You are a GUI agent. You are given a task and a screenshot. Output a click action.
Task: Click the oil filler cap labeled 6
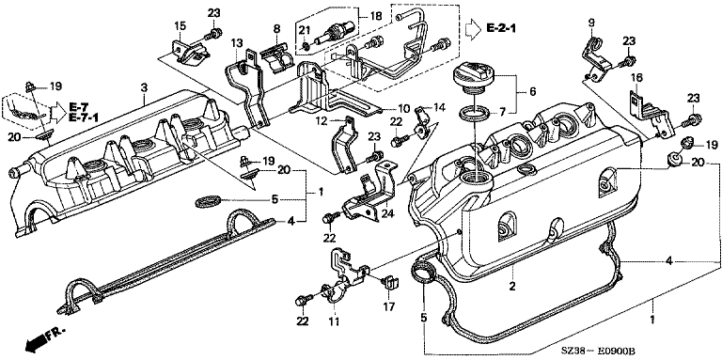pyautogui.click(x=474, y=79)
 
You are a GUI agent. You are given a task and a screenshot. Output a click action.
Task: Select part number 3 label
pyautogui.click(x=144, y=87)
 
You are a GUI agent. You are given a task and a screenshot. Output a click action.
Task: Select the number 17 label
pyautogui.click(x=392, y=305)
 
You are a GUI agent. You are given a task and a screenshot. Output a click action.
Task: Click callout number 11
pyautogui.click(x=334, y=321)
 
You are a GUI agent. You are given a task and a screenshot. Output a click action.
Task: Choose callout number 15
pyautogui.click(x=180, y=26)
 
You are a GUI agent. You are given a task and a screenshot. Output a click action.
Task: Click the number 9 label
pyautogui.click(x=591, y=22)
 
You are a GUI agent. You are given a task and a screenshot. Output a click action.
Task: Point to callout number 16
pyautogui.click(x=636, y=77)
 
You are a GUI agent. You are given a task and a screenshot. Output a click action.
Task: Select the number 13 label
pyautogui.click(x=237, y=43)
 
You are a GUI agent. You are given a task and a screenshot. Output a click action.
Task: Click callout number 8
pyautogui.click(x=276, y=28)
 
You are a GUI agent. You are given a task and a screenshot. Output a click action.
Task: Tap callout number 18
pyautogui.click(x=376, y=16)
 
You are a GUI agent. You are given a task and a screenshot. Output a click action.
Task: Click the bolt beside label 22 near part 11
pyautogui.click(x=302, y=302)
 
